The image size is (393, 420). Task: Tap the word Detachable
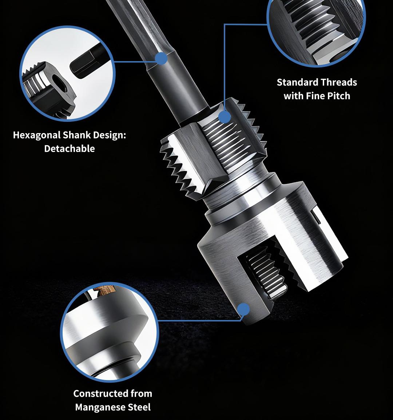[x=69, y=149]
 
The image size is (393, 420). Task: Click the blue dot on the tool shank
[x=161, y=58]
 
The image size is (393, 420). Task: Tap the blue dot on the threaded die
[x=225, y=117]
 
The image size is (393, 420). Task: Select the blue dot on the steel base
[x=243, y=309]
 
